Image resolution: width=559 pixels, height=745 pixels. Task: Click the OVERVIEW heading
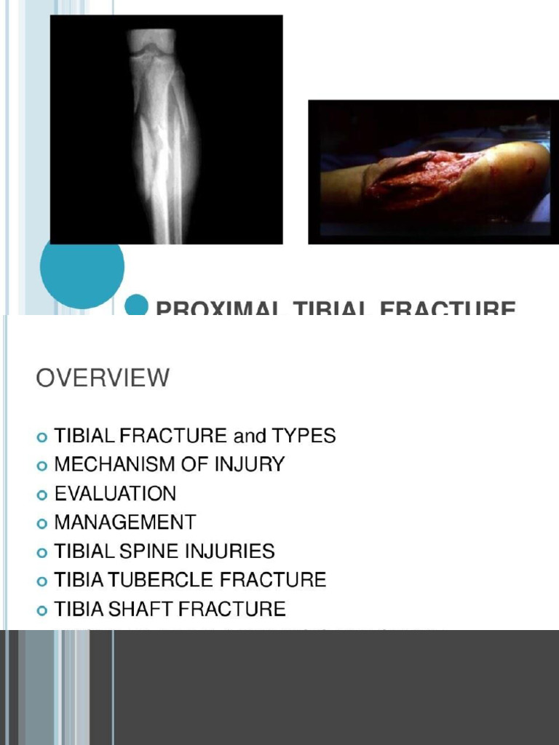click(103, 378)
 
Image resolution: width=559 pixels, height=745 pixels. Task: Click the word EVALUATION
click(115, 493)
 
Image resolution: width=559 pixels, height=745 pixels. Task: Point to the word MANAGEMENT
click(125, 522)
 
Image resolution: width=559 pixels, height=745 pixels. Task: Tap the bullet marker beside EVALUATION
click(41, 495)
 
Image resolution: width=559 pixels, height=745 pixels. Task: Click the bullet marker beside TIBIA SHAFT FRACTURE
click(41, 610)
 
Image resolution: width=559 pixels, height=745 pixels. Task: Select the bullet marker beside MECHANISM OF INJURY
click(41, 466)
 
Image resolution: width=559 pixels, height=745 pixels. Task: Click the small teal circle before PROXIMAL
click(136, 306)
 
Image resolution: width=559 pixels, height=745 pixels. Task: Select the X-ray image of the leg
click(166, 130)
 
